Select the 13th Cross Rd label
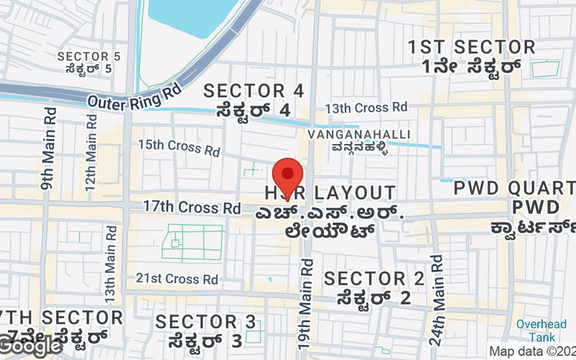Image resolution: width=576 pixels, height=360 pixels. [x=366, y=107]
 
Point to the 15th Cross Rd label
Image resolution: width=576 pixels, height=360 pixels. [x=179, y=147]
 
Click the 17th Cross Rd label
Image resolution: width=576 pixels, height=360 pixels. [x=192, y=207]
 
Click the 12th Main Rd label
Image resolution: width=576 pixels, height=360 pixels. [x=91, y=151]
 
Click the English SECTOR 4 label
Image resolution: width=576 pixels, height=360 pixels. [x=253, y=91]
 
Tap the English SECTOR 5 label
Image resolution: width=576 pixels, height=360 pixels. [x=89, y=56]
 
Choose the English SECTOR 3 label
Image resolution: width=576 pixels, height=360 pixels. [x=205, y=321]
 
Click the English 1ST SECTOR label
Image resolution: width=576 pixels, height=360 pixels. [x=472, y=48]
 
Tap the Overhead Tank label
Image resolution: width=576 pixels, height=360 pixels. [x=541, y=330]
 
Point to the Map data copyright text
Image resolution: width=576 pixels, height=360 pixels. [x=531, y=351]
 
